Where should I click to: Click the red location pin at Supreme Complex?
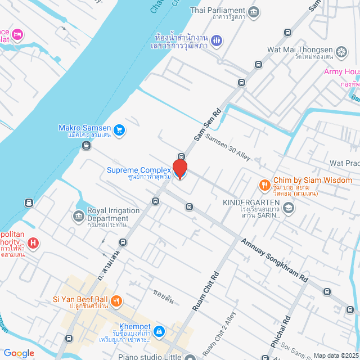pos(179,168)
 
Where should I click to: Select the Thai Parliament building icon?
pos(254,11)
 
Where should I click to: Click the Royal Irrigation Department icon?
pos(79,216)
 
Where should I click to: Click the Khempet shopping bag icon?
pos(159,331)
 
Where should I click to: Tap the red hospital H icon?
pos(34,243)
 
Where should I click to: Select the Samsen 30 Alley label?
pos(227,148)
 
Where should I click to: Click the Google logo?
pos(19,353)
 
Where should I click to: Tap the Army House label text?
pos(341,71)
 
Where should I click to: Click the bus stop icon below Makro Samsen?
pos(86,146)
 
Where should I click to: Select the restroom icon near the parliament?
pos(218,41)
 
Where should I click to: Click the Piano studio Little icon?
pos(191,357)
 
